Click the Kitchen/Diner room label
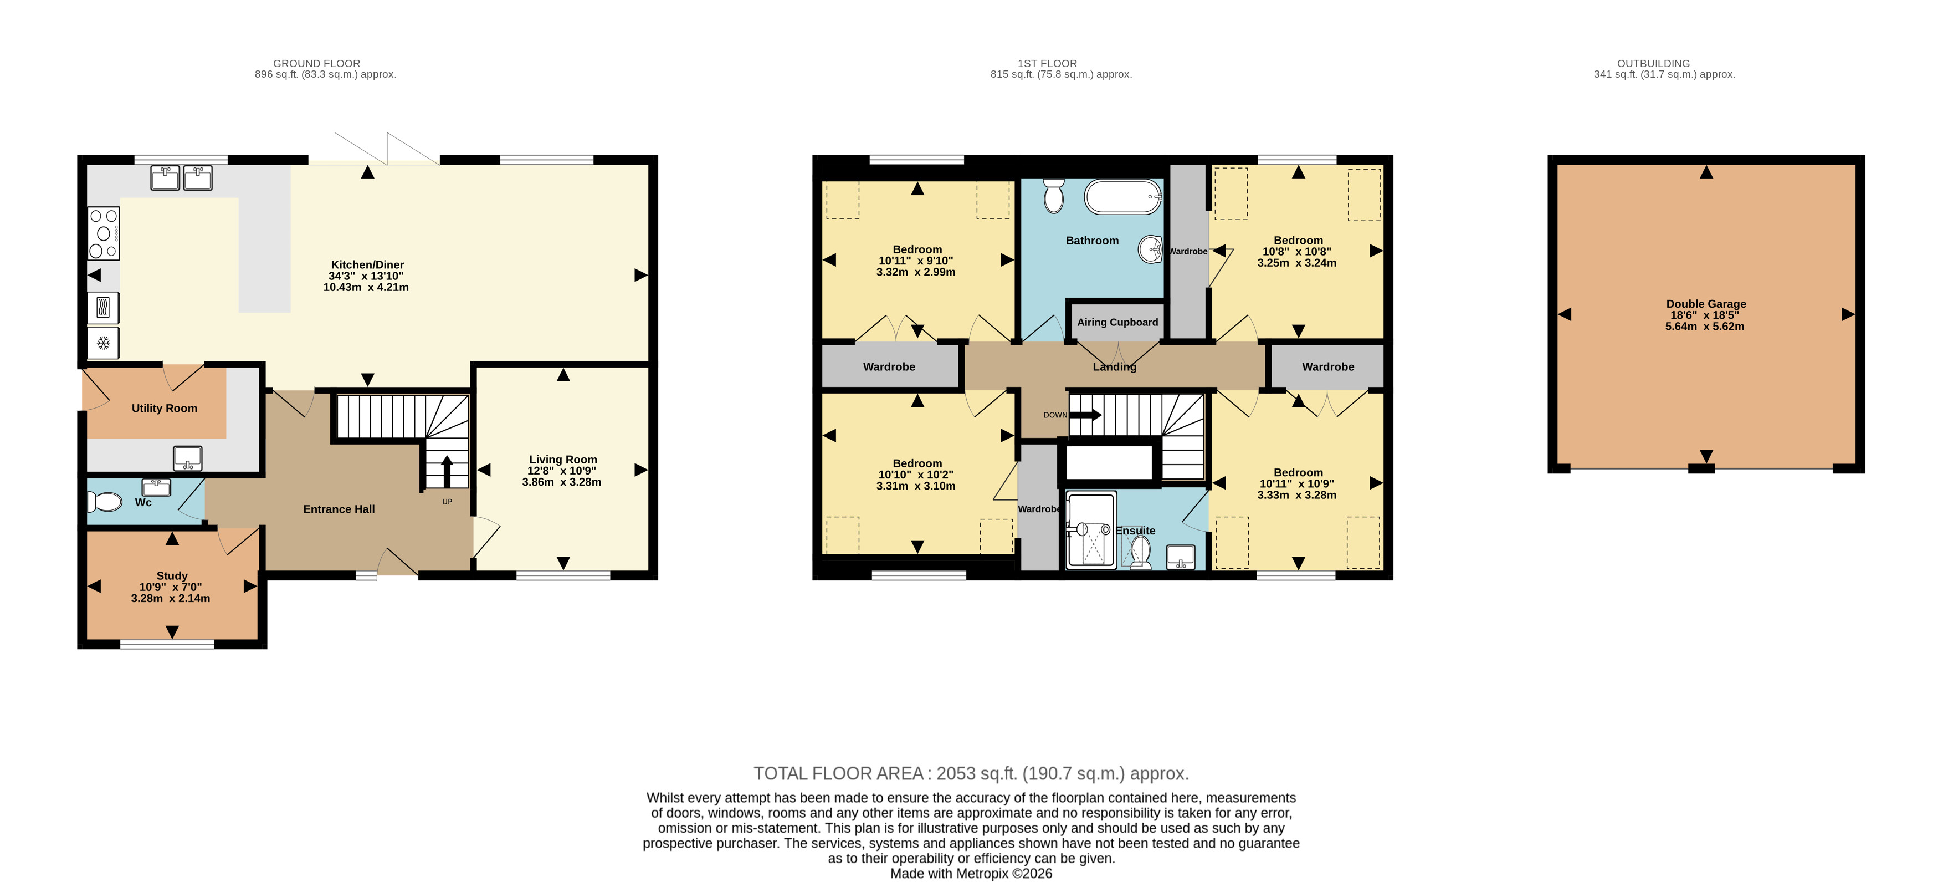click(367, 265)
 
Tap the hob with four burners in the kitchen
click(104, 233)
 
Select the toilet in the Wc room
click(105, 502)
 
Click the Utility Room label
click(165, 408)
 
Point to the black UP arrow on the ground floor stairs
click(446, 472)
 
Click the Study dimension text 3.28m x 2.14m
click(171, 598)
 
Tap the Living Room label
click(563, 460)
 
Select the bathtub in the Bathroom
click(1123, 197)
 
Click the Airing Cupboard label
click(1117, 322)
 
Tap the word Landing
click(1114, 366)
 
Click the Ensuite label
click(1135, 531)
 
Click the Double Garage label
click(1706, 304)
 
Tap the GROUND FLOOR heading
click(317, 63)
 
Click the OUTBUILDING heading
click(1653, 63)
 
